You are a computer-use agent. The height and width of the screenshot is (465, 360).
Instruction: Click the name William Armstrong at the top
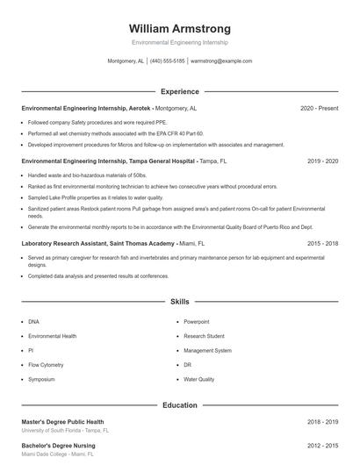point(179,28)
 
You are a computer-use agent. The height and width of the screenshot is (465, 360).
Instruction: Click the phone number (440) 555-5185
point(167,61)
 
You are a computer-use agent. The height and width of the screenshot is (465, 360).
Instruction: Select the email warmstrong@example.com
point(221,61)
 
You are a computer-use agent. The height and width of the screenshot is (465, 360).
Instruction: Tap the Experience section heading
point(179,91)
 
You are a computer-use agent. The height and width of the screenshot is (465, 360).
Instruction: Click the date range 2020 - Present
point(319,108)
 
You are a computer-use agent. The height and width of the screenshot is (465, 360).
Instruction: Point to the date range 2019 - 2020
point(323,161)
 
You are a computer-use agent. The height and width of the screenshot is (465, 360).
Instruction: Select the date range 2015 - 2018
point(323,242)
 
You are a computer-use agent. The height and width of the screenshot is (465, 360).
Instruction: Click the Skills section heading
point(179,301)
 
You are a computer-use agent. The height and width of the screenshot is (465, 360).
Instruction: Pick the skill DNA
point(33,322)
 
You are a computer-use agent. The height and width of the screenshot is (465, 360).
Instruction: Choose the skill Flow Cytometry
point(46,364)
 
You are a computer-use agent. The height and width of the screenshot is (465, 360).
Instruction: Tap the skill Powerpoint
point(196,322)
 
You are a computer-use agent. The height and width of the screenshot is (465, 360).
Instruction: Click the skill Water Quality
point(198,379)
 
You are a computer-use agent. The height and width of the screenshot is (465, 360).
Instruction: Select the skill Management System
point(207,350)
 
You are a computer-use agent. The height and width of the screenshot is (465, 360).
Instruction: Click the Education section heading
point(179,405)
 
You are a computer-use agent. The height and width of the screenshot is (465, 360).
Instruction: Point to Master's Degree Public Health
point(62,422)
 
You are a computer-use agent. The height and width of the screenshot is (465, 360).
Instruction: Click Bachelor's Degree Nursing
point(58,446)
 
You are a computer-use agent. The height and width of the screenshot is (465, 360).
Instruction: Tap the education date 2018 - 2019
point(323,422)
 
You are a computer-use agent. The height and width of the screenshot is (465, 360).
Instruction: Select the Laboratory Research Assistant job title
point(97,242)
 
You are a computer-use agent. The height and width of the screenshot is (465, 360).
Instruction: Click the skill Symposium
point(41,379)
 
